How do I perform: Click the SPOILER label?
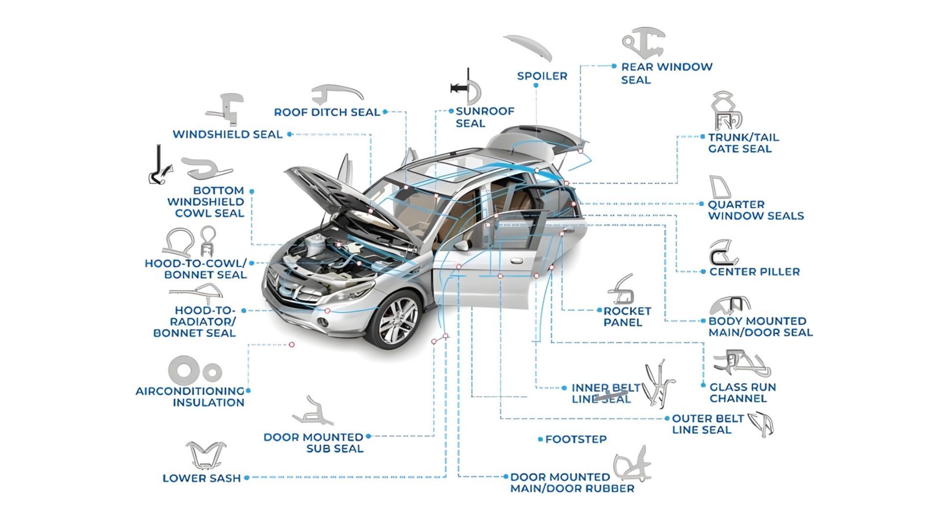tap(542, 76)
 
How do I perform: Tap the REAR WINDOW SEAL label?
tap(666, 73)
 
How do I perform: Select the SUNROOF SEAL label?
tap(485, 117)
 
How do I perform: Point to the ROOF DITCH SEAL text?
tap(327, 112)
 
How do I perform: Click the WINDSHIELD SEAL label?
tap(227, 134)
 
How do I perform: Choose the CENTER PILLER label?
tap(754, 272)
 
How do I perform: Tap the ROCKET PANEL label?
tap(626, 317)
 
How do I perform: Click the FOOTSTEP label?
tap(576, 440)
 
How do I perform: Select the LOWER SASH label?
tap(201, 478)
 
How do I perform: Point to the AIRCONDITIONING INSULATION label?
tap(190, 397)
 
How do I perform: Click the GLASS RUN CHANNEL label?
tap(742, 393)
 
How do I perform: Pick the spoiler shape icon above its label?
tap(528, 46)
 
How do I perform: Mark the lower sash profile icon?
tap(205, 455)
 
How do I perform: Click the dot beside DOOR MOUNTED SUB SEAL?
tap(368, 436)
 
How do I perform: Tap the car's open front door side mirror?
tap(461, 245)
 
